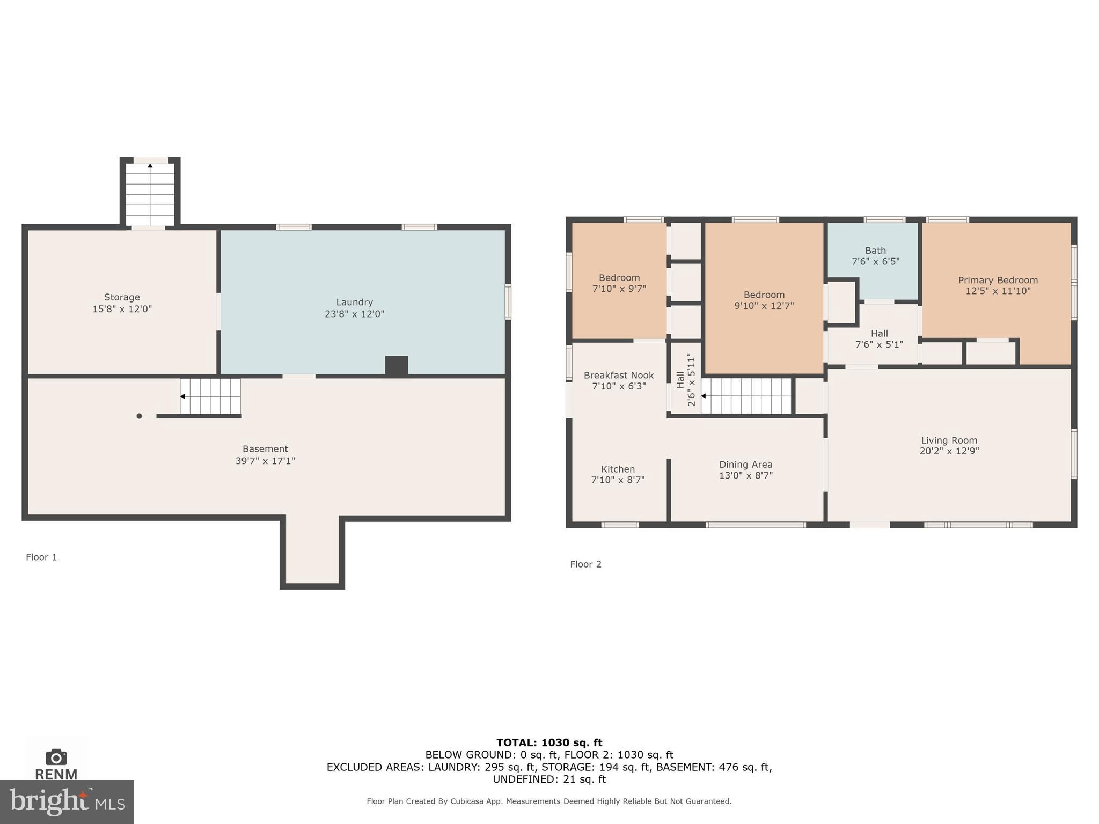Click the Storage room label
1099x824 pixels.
click(x=122, y=297)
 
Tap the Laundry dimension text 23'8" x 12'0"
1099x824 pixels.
click(x=354, y=314)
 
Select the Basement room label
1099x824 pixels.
click(x=265, y=449)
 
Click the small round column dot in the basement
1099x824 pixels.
click(x=139, y=416)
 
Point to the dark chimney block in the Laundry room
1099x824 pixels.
click(x=396, y=365)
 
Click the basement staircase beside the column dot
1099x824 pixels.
click(x=210, y=396)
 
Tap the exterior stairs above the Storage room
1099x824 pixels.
click(x=150, y=194)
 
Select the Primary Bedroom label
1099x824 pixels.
click(x=998, y=280)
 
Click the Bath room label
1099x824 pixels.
click(x=875, y=251)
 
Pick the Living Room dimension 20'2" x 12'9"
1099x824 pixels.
click(x=949, y=451)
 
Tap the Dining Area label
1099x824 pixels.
click(x=745, y=465)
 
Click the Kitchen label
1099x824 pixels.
click(x=618, y=469)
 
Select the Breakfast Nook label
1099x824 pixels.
click(x=618, y=375)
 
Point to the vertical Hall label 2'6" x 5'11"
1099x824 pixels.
click(x=686, y=379)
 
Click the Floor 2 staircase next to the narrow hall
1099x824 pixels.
click(x=746, y=396)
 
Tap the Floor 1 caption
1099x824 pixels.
click(x=41, y=557)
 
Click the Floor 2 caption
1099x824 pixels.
click(x=585, y=564)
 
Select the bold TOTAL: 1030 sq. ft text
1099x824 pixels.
click(x=549, y=742)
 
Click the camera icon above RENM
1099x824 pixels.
click(x=56, y=757)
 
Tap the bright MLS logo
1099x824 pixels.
click(x=67, y=801)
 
